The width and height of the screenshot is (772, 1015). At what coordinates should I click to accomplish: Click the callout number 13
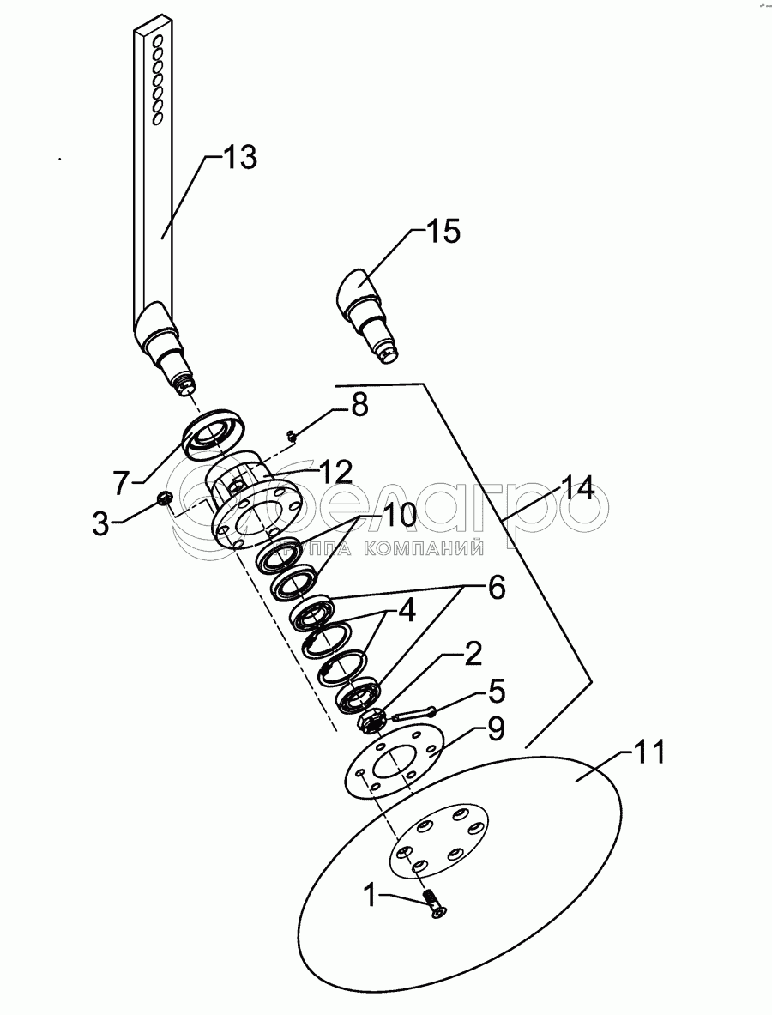(x=239, y=158)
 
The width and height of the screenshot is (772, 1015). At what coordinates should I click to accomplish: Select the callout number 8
(x=359, y=404)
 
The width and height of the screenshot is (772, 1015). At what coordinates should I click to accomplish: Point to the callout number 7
(x=122, y=482)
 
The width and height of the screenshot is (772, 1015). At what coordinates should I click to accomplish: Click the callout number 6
(x=496, y=588)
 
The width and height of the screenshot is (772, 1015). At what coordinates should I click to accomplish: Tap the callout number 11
(x=649, y=754)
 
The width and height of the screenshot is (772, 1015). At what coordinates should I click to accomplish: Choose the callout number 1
(x=370, y=897)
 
